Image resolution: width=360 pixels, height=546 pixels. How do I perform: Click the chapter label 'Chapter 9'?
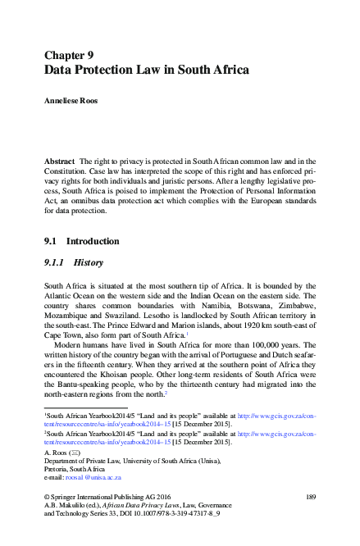point(74,55)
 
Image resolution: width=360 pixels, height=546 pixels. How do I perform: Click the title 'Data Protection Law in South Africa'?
point(146,71)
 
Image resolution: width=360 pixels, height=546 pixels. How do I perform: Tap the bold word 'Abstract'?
point(61,164)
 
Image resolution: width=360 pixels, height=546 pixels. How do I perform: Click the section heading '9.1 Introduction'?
point(81,242)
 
